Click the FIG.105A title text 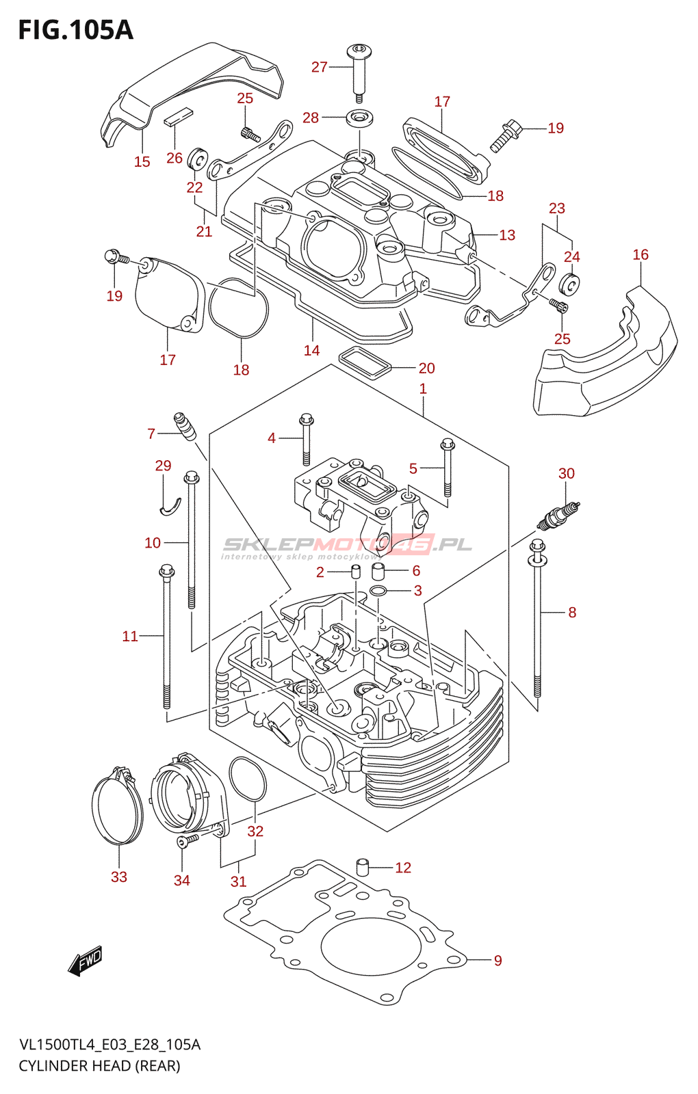coord(75,30)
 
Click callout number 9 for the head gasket coord(497,961)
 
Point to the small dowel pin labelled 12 coord(363,867)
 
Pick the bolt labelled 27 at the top coord(359,68)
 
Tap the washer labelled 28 coord(360,118)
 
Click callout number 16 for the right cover coord(640,255)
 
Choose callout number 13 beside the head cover coord(506,235)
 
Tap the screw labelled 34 coord(186,839)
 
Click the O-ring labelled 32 coord(247,779)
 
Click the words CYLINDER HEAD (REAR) coord(99,1065)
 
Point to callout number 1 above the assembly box coord(423,388)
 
